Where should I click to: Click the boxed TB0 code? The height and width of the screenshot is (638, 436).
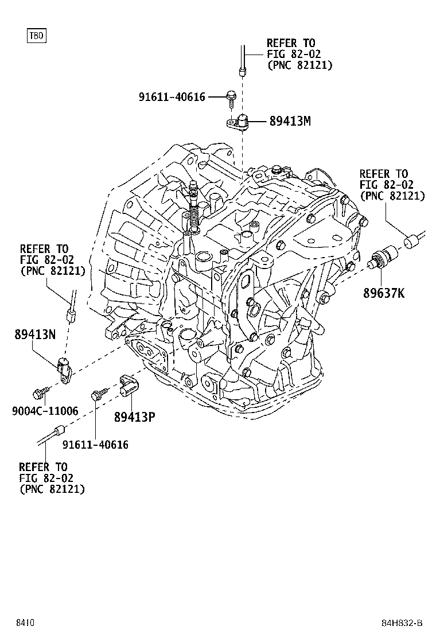pyautogui.click(x=36, y=36)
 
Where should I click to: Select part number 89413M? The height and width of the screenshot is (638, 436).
pyautogui.click(x=290, y=121)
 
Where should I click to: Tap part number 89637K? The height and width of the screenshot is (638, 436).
pyautogui.click(x=383, y=294)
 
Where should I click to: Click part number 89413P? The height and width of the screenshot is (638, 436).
pyautogui.click(x=134, y=417)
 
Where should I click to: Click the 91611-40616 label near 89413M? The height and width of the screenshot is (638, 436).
pyautogui.click(x=172, y=97)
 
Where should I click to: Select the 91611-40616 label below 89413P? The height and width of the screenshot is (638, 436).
pyautogui.click(x=95, y=444)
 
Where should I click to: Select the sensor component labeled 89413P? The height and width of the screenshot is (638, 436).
pyautogui.click(x=128, y=384)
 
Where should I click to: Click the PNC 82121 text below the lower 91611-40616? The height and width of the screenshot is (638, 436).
pyautogui.click(x=52, y=489)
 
